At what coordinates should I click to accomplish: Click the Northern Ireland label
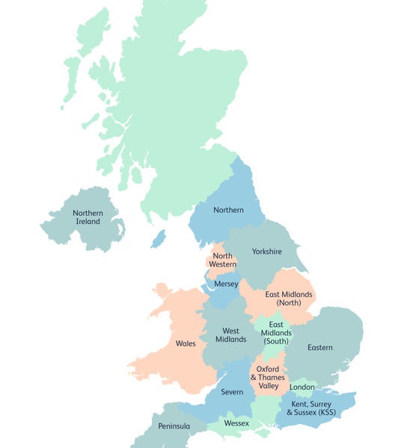(x=88, y=217)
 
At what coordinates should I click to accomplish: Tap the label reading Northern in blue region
(x=228, y=210)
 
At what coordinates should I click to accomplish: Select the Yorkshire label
(x=266, y=252)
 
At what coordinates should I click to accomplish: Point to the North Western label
(x=223, y=260)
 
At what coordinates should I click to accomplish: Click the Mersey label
(x=226, y=284)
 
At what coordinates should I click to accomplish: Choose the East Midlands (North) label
(x=288, y=299)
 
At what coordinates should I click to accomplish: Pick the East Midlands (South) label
(x=276, y=333)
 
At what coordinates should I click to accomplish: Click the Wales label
(x=186, y=344)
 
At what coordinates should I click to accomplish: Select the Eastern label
(x=319, y=348)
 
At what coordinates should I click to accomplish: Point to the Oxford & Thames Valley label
(x=268, y=378)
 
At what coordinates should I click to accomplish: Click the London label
(x=302, y=387)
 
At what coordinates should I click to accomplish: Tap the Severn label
(x=232, y=392)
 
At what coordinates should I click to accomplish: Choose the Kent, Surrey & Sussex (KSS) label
(x=311, y=408)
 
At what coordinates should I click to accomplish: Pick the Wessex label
(x=236, y=423)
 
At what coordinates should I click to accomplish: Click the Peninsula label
(x=174, y=426)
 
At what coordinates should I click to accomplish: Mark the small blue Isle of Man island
(x=158, y=239)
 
